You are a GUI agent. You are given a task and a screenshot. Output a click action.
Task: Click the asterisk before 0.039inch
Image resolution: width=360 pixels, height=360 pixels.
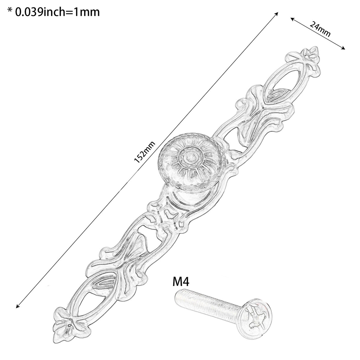[10, 10]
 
